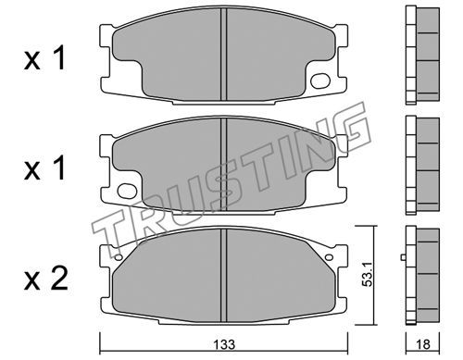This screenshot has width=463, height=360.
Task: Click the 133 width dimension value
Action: click(225, 344)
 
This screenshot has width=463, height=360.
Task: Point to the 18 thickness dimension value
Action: click(423, 344)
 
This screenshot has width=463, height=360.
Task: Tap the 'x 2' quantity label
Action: click(45, 279)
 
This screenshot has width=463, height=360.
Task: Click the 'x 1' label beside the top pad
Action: click(44, 58)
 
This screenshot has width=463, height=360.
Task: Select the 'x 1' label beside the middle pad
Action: click(44, 168)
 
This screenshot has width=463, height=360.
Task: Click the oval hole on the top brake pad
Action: click(320, 81)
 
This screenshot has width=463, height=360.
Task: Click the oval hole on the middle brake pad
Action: click(127, 191)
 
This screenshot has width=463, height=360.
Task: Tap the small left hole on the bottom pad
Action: click(119, 257)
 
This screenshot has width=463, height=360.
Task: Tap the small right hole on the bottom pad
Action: click(329, 257)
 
